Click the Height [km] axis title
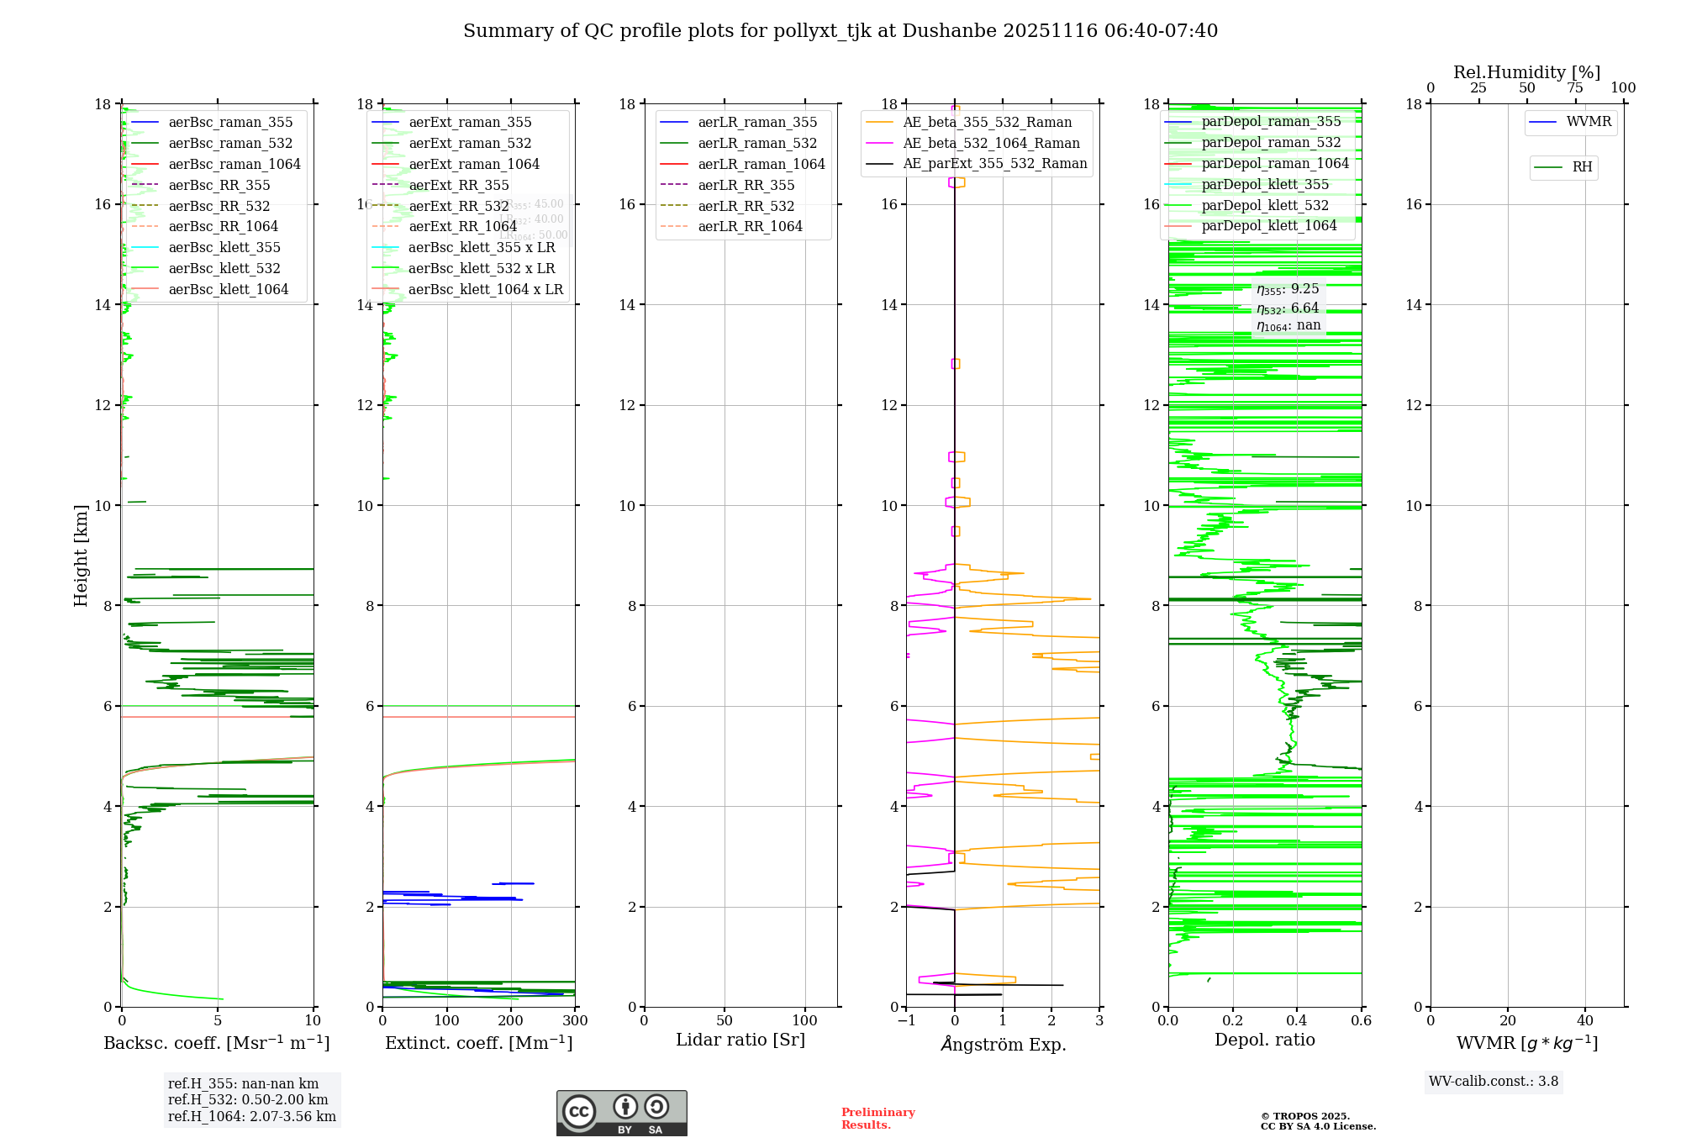[81, 556]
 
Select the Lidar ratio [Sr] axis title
[740, 1040]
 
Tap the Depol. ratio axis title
[1264, 1040]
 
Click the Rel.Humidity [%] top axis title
[1526, 72]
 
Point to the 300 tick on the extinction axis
[576, 1021]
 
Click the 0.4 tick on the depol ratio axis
[1297, 1021]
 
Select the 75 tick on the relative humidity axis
[1575, 88]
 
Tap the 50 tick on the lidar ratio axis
[725, 1021]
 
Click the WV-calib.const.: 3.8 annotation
[1494, 1082]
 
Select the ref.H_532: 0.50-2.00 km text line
[248, 1100]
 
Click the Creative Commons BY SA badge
[621, 1114]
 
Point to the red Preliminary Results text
[877, 1119]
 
